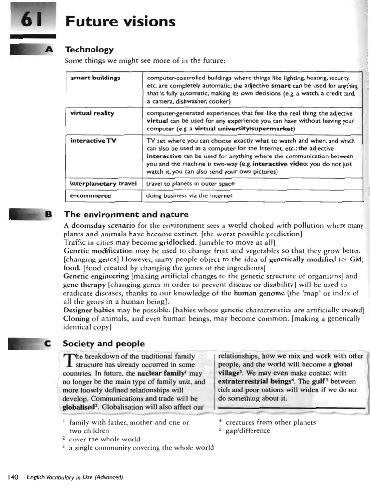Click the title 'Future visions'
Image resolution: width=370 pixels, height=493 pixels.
point(120,22)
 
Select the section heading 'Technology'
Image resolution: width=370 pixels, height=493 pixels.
point(89,50)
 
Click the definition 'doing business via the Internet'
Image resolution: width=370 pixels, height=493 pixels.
point(190,196)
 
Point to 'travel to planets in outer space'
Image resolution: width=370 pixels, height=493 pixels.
point(191,183)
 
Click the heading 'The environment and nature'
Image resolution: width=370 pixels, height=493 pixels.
point(126,214)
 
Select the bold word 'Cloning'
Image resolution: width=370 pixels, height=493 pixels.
point(78,318)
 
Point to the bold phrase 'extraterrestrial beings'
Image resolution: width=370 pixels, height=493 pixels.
point(255,381)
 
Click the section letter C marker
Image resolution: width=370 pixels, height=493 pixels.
point(47,343)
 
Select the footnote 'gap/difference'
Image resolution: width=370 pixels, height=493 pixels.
point(248,430)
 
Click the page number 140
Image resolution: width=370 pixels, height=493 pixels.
point(13,477)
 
